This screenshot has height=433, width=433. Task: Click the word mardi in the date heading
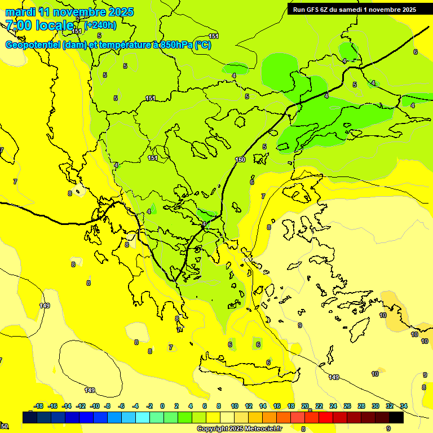click(19, 12)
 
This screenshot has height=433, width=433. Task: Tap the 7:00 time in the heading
click(18, 25)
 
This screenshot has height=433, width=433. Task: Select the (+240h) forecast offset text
click(101, 25)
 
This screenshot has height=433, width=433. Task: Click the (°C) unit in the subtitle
click(202, 45)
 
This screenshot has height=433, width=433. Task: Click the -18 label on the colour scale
click(38, 406)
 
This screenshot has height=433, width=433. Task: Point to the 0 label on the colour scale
click(162, 406)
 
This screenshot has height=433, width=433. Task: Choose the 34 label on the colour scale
click(404, 406)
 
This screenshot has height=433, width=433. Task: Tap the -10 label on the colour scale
click(95, 406)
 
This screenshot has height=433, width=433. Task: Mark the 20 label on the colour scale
click(305, 406)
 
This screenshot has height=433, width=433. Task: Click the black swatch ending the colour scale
click(396, 418)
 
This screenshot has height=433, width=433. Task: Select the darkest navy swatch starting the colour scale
click(30, 418)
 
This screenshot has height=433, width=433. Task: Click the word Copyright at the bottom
click(213, 429)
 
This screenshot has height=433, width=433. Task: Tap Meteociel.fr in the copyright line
click(263, 429)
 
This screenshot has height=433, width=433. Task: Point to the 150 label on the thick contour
click(241, 160)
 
